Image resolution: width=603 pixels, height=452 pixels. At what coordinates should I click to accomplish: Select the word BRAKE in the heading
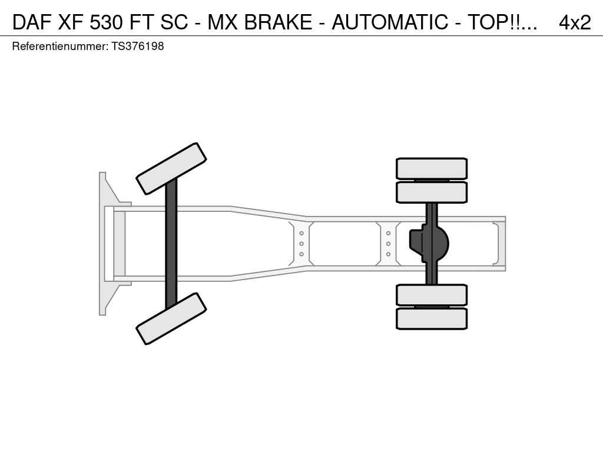click(x=278, y=22)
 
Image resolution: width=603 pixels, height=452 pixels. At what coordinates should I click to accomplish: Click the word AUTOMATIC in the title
click(x=390, y=22)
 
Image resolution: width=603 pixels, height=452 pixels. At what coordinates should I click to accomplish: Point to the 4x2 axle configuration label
click(x=575, y=22)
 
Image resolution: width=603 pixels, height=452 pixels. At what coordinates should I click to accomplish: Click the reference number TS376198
click(x=138, y=46)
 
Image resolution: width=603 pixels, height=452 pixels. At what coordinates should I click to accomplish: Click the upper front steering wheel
click(x=171, y=168)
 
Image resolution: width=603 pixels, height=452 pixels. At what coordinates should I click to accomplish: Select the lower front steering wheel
click(x=171, y=318)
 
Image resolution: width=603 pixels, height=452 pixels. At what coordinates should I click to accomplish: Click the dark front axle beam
click(x=171, y=244)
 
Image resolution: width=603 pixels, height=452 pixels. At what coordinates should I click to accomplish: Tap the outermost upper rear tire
click(x=432, y=168)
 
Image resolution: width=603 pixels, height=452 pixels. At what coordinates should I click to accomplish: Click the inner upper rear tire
click(x=432, y=192)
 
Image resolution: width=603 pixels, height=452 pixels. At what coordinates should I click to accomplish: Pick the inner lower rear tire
click(x=432, y=295)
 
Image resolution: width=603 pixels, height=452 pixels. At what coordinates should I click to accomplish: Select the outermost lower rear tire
click(x=432, y=318)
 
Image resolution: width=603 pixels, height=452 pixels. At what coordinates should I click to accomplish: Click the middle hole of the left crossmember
click(x=301, y=244)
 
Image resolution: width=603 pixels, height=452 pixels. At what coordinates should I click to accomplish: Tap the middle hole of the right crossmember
click(x=389, y=244)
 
